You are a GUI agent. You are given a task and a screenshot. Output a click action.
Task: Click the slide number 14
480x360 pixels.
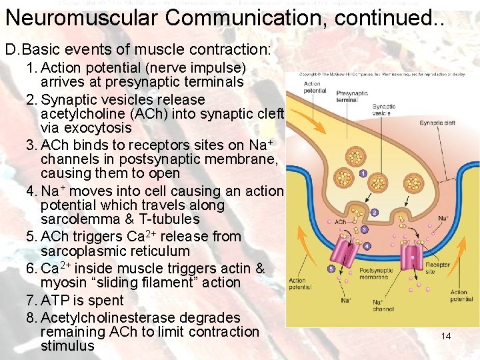pyautogui.click(x=446, y=336)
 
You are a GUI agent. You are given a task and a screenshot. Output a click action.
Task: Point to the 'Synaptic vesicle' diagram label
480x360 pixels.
pyautogui.click(x=383, y=110)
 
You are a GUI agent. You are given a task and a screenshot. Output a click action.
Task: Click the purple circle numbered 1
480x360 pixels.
pyautogui.click(x=362, y=174)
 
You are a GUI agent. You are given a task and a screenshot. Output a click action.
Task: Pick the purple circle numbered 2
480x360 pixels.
pyautogui.click(x=374, y=213)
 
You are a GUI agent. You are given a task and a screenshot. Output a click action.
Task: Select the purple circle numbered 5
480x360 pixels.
pyautogui.click(x=331, y=269)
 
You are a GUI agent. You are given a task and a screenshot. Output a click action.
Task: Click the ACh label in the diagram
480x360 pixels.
pyautogui.click(x=340, y=222)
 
